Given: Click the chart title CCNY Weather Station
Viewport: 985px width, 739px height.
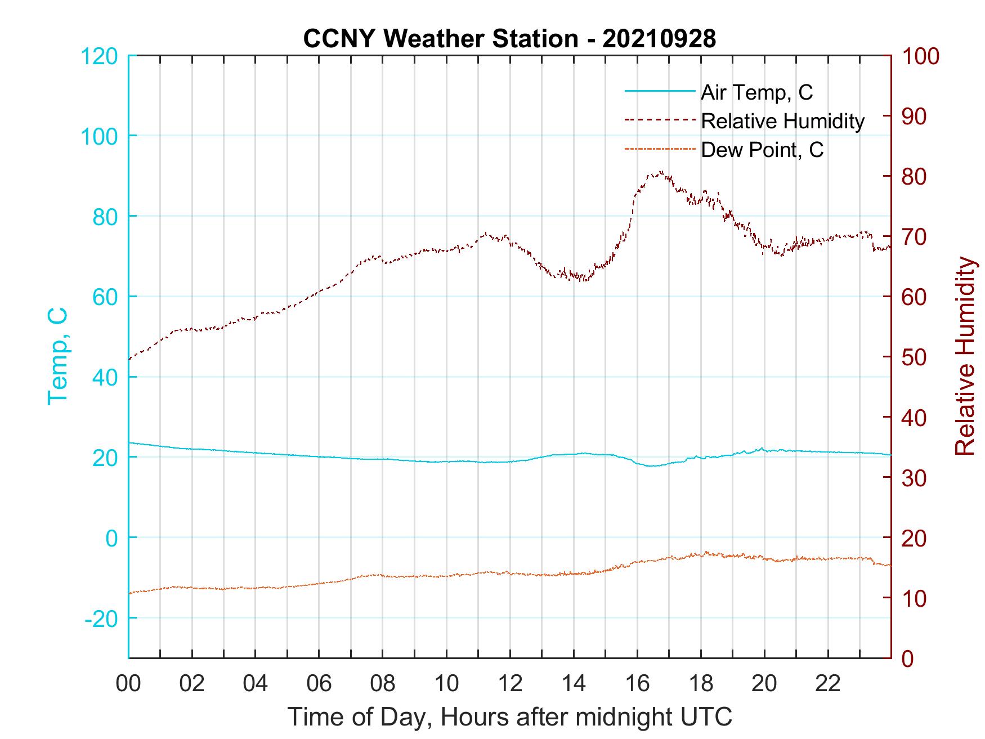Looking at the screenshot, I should coord(440,38).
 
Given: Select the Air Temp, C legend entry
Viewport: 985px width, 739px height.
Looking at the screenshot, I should coord(756,92).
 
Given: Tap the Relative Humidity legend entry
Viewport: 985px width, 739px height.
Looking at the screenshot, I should coord(782,121).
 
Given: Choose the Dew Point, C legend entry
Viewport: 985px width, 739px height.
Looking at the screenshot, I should coord(762,150).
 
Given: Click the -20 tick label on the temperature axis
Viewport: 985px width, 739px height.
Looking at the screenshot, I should coord(101,619).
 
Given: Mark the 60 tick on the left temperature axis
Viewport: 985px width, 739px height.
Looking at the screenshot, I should coord(104,297).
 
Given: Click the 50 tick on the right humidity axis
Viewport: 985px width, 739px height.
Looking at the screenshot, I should coord(914,357).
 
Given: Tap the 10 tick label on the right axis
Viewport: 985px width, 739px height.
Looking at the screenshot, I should coord(914,598).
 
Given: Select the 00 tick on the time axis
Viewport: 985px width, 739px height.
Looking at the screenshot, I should coord(128,684).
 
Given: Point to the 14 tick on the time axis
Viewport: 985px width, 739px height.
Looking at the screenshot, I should coord(574,684).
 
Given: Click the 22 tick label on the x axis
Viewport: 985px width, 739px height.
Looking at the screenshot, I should coord(828,684).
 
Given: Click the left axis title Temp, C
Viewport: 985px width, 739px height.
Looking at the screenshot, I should coord(57,356).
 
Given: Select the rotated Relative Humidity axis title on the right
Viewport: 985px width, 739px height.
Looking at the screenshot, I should coord(965,356).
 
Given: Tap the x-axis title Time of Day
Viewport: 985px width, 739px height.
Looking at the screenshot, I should coord(510,717).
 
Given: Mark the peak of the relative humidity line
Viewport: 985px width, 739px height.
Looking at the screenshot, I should coord(660,172).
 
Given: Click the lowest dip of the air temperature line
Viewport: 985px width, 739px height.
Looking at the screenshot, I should coord(651,466).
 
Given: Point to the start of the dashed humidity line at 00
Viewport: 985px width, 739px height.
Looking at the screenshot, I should coord(129,359).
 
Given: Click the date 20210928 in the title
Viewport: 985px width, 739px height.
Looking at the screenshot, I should coord(659,38).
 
